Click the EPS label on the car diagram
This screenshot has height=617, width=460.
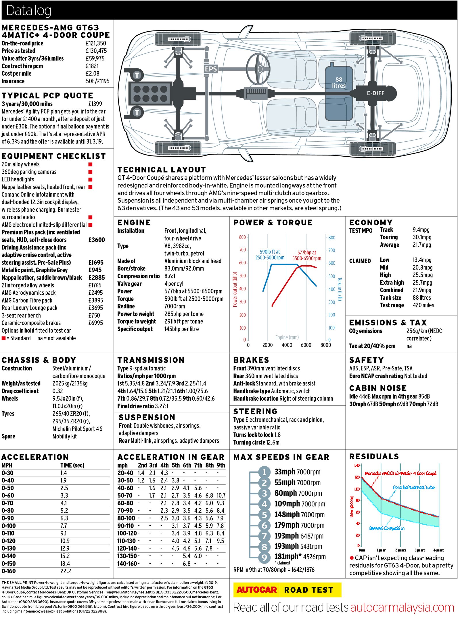click(211, 69)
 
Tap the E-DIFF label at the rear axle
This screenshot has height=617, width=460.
click(375, 93)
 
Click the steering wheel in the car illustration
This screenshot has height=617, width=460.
click(258, 69)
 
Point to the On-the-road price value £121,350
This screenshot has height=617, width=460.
click(96, 43)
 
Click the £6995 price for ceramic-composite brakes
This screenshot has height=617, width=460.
click(95, 323)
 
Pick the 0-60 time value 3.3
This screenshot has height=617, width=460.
click(64, 495)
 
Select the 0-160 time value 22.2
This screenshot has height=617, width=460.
click(66, 571)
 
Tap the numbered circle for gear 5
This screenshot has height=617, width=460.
click(264, 515)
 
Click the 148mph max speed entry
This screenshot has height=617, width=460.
click(285, 514)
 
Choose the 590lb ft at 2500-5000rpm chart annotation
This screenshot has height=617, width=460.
click(270, 255)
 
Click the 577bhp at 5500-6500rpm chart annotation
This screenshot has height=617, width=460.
click(306, 255)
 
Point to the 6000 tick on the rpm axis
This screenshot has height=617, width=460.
click(306, 345)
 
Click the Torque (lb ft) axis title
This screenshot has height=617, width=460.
click(340, 289)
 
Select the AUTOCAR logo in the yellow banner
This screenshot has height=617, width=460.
click(256, 590)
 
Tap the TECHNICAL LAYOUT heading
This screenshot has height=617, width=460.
click(162, 170)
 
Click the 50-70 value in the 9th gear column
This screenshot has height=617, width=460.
click(221, 495)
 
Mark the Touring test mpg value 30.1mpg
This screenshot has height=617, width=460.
click(422, 237)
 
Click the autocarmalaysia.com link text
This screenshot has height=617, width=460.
click(402, 608)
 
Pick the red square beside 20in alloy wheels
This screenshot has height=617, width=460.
click(90, 164)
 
